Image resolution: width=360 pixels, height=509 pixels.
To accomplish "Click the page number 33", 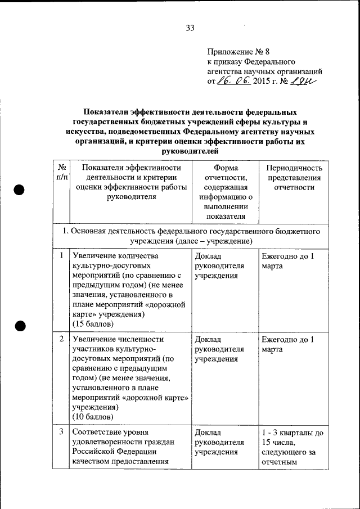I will pos(190,28).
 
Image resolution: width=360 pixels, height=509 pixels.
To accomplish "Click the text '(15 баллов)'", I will pos(93,325).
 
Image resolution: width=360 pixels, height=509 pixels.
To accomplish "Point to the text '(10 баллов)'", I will pos(93,416).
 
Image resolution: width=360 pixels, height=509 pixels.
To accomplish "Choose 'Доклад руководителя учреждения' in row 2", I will pos(219,349).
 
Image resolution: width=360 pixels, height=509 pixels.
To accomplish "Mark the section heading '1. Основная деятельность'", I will pos(191,236).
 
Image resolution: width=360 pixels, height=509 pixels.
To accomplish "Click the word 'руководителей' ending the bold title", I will pos(188,151).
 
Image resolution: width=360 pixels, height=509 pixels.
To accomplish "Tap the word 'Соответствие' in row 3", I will pos(96,432).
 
